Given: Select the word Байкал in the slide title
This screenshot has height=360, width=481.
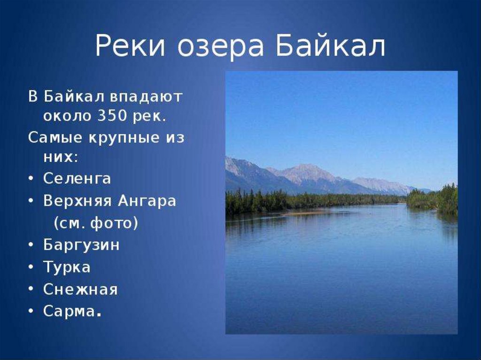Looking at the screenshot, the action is [x=330, y=46].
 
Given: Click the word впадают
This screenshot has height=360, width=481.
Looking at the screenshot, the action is [x=146, y=97].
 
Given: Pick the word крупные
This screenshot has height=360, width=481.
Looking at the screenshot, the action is [x=124, y=138].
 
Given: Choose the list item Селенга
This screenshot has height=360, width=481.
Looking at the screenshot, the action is [x=77, y=178].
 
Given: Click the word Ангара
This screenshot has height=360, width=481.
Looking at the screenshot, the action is [x=147, y=202].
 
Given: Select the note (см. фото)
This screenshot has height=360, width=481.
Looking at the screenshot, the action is [x=96, y=223].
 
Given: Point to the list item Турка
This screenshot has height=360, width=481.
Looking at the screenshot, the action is [x=67, y=267].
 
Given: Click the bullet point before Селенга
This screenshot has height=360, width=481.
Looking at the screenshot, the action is [x=31, y=179].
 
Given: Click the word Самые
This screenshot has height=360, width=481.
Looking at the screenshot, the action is [x=55, y=138].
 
